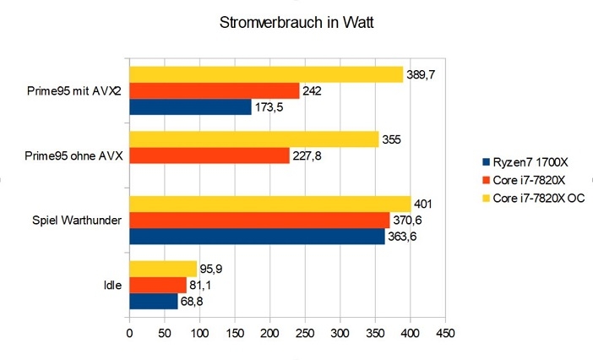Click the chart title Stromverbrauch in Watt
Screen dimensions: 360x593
(x=296, y=24)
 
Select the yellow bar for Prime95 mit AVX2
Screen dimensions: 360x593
(x=265, y=74)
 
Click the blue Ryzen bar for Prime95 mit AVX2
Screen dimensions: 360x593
(x=189, y=106)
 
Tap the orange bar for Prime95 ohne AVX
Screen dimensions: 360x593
(x=209, y=155)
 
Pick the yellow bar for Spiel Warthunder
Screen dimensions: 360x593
(x=269, y=205)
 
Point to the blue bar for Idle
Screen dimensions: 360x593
(x=153, y=302)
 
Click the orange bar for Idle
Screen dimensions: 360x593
(x=157, y=286)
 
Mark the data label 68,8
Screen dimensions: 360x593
(x=193, y=302)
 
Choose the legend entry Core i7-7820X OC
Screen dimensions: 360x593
(x=538, y=198)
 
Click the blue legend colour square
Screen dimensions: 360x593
(x=484, y=162)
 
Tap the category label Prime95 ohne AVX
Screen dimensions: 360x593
(x=74, y=155)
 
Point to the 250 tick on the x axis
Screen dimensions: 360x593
(x=305, y=334)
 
